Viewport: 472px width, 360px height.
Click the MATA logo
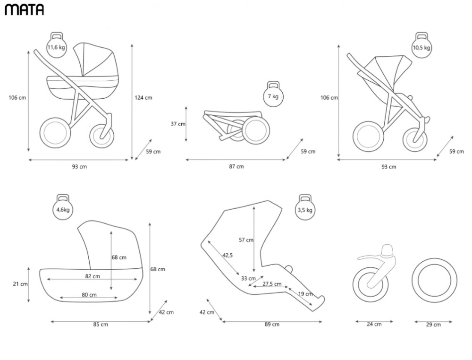24,9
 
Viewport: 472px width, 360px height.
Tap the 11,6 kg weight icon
56,45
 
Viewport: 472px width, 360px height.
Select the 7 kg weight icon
273,94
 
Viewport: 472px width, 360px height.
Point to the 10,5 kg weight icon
421,45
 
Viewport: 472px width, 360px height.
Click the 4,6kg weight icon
63,207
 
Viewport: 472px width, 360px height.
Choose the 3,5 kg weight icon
305,207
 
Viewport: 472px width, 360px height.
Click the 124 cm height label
143,98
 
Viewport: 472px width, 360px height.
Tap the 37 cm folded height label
178,124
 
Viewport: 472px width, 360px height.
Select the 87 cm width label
236,166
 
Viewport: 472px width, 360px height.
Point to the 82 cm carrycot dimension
93,276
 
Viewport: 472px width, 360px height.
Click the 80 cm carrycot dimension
89,295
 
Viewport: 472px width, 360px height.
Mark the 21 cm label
20,284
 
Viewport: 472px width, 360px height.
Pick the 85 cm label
101,325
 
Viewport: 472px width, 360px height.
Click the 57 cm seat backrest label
246,240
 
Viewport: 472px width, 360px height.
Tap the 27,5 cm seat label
272,284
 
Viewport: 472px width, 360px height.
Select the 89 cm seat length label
272,325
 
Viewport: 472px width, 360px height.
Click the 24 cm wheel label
374,324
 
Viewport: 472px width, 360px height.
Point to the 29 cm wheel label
433,325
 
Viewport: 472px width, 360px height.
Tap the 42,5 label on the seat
228,255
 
